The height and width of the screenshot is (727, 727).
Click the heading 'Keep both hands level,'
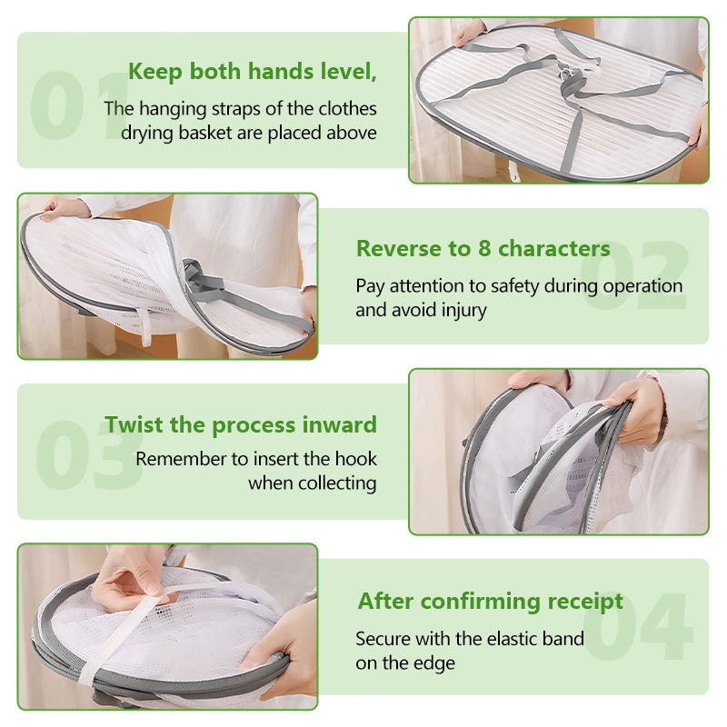coord(253,72)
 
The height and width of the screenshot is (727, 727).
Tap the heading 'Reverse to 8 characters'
coord(483,248)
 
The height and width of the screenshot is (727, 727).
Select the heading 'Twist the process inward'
coord(241,424)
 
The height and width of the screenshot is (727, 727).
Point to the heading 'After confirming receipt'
coord(490,602)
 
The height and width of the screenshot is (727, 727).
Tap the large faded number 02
coord(634,275)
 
